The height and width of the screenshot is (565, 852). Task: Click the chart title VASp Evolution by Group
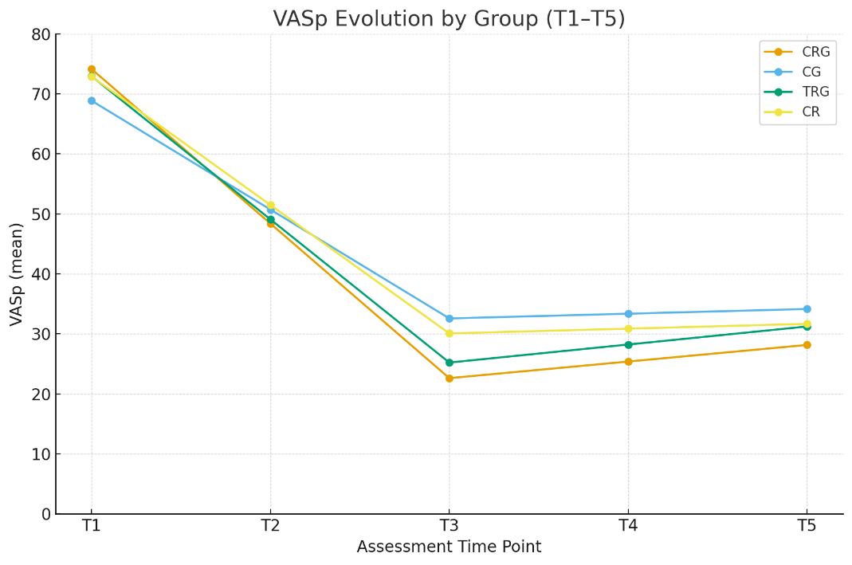click(449, 19)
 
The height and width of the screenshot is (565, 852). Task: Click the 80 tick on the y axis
click(41, 34)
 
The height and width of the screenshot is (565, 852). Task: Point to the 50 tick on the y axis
click(41, 214)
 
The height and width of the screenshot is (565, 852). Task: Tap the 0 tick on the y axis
click(45, 514)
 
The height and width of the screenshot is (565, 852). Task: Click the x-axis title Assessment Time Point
click(449, 547)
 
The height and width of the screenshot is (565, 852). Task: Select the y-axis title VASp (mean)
click(17, 274)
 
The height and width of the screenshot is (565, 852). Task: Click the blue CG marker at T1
click(92, 101)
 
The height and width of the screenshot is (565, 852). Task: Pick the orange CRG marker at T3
click(449, 378)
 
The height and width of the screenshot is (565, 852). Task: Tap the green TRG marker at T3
click(449, 363)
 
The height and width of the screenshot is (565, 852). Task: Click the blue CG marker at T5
click(807, 309)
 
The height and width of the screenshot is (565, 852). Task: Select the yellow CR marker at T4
click(628, 328)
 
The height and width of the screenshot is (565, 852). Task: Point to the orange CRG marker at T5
click(807, 345)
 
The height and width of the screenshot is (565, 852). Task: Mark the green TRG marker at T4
click(628, 344)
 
